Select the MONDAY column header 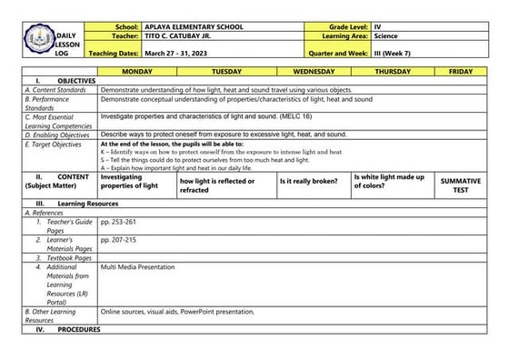(x=137, y=70)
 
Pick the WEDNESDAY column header (x=314, y=70)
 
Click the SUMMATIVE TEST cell (x=461, y=185)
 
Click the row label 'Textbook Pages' (x=65, y=257)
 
